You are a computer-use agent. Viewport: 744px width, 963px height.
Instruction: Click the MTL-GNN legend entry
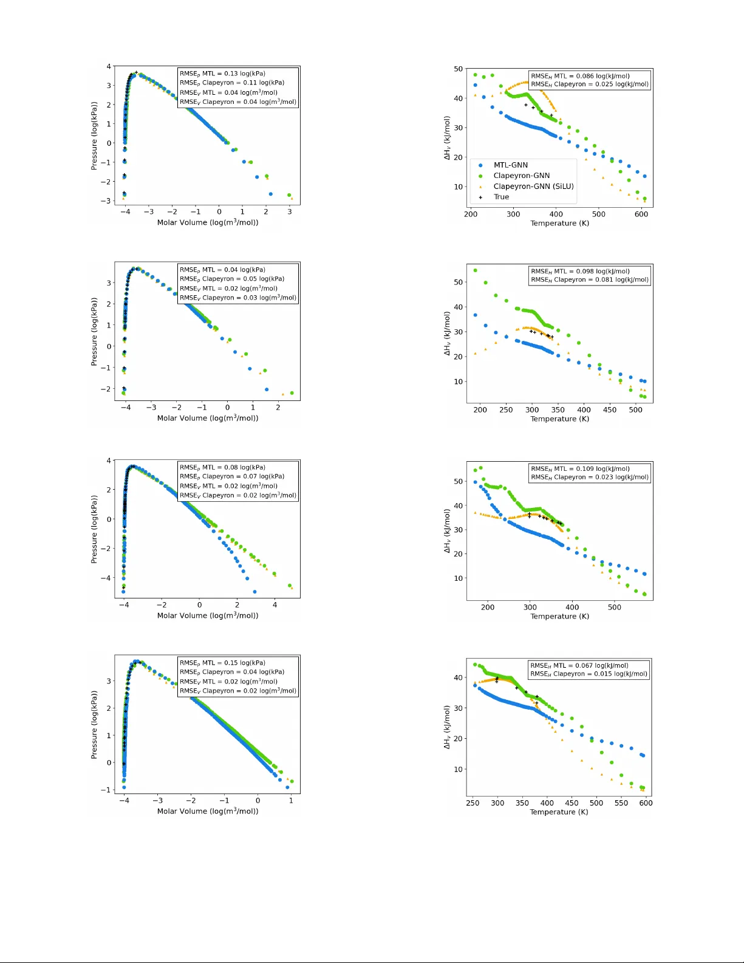click(510, 165)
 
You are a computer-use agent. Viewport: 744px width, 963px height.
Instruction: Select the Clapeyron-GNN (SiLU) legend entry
click(533, 187)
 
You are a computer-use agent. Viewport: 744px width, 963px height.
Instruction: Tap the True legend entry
click(501, 197)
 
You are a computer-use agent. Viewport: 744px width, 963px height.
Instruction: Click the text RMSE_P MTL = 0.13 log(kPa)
click(222, 74)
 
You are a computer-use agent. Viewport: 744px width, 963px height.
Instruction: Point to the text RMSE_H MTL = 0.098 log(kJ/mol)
click(579, 272)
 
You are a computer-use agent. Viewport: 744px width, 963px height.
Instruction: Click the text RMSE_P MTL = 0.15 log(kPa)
click(222, 663)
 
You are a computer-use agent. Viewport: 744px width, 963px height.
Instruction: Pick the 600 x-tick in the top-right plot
click(641, 214)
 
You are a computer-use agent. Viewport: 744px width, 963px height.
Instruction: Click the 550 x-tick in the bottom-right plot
click(621, 803)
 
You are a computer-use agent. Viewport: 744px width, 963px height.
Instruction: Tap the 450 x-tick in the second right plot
click(609, 410)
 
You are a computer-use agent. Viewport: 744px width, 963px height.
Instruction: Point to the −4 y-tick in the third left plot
click(106, 578)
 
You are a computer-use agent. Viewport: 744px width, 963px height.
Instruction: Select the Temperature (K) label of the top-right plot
click(559, 223)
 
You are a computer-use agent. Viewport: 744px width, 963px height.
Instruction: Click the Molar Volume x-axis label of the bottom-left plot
click(208, 811)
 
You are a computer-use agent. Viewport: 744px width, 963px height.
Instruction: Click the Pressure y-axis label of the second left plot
click(94, 332)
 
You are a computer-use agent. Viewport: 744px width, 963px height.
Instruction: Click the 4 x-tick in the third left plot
click(275, 605)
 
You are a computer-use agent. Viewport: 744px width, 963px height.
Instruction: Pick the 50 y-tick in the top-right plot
click(459, 69)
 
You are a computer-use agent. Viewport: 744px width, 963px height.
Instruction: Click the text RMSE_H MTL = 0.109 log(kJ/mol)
click(579, 469)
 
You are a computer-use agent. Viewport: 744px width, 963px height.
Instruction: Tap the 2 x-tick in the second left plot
click(278, 408)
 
